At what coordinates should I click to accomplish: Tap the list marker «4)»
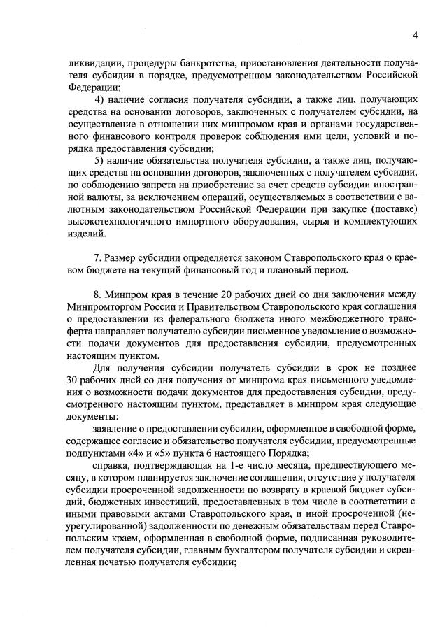click(99, 100)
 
